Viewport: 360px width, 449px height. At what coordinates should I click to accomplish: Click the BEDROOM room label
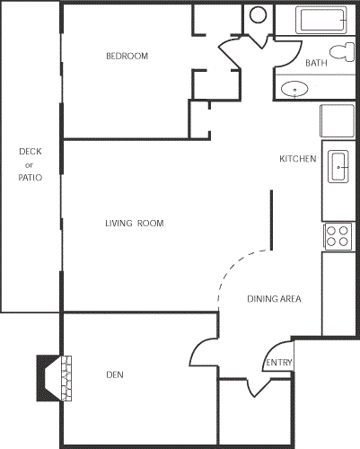click(x=127, y=56)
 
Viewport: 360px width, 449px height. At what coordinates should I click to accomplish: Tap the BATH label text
click(x=316, y=63)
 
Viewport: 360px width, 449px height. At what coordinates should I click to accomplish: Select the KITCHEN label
click(x=297, y=159)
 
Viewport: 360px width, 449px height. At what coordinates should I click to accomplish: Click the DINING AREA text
click(x=273, y=299)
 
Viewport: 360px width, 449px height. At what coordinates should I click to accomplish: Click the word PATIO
click(x=30, y=178)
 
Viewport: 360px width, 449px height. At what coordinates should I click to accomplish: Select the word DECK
click(x=30, y=151)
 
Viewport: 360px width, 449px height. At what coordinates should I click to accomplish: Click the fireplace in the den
click(x=53, y=377)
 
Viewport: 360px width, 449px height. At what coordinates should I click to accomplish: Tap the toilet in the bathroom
click(x=341, y=50)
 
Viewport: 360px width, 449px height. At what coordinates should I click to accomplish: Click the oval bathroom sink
click(x=294, y=88)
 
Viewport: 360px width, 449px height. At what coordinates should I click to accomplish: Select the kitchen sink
click(x=340, y=165)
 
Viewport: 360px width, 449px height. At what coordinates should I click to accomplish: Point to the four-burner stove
click(x=338, y=236)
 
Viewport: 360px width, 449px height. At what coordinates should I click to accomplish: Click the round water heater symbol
click(x=259, y=15)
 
